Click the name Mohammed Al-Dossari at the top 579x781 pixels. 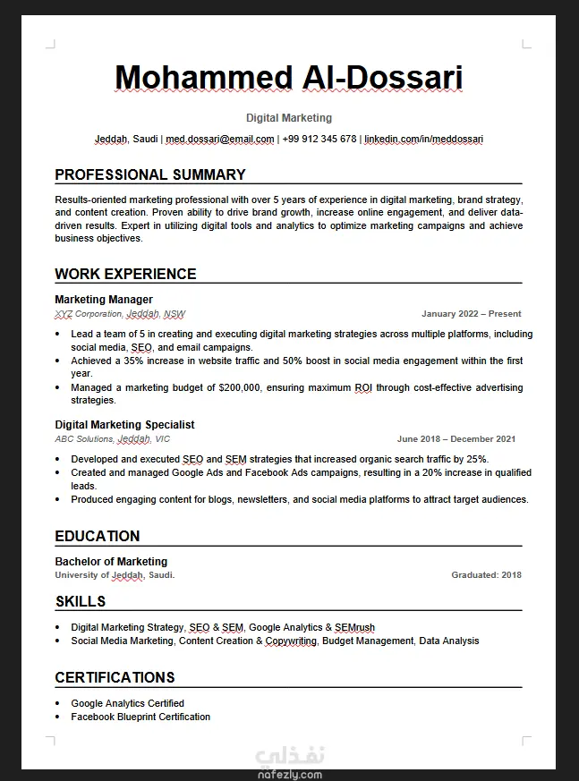[288, 78]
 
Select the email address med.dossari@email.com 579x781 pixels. [220, 140]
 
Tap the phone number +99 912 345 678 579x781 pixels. [319, 140]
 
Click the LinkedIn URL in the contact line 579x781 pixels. [423, 140]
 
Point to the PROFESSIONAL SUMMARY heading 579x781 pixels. [150, 174]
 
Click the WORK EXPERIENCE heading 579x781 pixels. [125, 274]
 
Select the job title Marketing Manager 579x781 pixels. [104, 300]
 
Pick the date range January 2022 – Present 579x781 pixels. [471, 314]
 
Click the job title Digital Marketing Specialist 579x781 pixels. [124, 425]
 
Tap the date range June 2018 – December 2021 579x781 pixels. [456, 439]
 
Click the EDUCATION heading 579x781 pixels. [98, 536]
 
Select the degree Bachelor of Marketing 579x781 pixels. [111, 562]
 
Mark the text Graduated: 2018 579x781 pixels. [486, 575]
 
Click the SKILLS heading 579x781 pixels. [81, 601]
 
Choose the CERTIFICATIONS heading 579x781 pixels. [115, 677]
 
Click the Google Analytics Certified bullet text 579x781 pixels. [127, 703]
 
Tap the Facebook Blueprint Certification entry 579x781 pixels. [140, 717]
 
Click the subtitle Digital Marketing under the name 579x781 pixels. [289, 118]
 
